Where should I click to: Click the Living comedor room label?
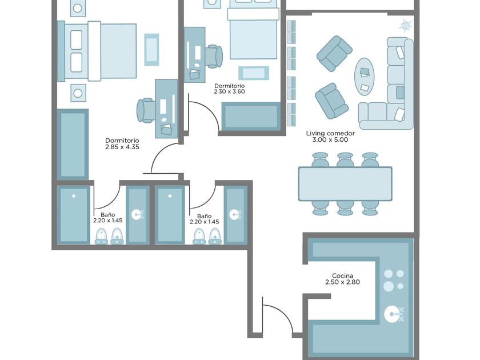[330, 133]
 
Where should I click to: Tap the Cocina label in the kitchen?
[342, 275]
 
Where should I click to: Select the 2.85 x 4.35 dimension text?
[122, 147]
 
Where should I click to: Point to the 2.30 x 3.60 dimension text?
[229, 91]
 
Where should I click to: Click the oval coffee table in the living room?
[365, 77]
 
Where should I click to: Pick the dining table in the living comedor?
[345, 183]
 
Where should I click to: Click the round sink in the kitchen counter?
[391, 314]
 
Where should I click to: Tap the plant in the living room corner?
[406, 26]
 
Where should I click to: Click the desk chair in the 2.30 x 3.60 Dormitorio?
[214, 56]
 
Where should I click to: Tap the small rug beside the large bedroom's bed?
[151, 50]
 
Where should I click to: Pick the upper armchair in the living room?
[334, 54]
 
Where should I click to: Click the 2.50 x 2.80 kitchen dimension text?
[342, 282]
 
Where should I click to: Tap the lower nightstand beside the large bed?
[78, 93]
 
